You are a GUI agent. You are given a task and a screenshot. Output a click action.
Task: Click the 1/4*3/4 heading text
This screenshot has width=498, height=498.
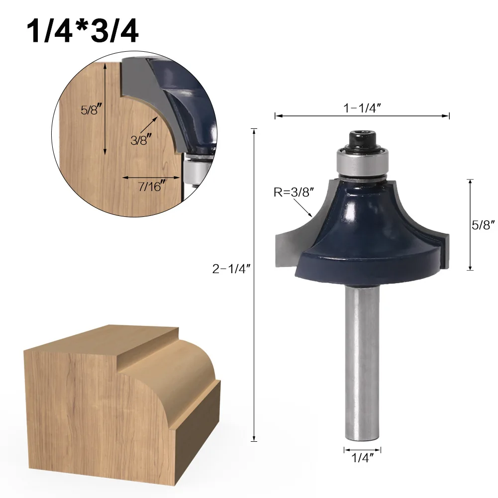pos(82,31)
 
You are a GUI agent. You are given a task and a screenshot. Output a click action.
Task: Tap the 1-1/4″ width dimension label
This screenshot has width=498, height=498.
pos(362,108)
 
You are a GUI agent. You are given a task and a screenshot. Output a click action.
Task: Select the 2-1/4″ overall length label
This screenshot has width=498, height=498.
pos(231,269)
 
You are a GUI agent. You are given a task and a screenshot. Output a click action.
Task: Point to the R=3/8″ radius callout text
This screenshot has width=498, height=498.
pos(294,192)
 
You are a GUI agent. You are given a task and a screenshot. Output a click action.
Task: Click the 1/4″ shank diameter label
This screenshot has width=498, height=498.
pos(362,458)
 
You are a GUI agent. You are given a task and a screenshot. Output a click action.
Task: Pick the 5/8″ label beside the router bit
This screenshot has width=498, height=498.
pos(483,225)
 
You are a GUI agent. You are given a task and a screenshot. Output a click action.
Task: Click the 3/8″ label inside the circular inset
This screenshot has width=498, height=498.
pos(141,139)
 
